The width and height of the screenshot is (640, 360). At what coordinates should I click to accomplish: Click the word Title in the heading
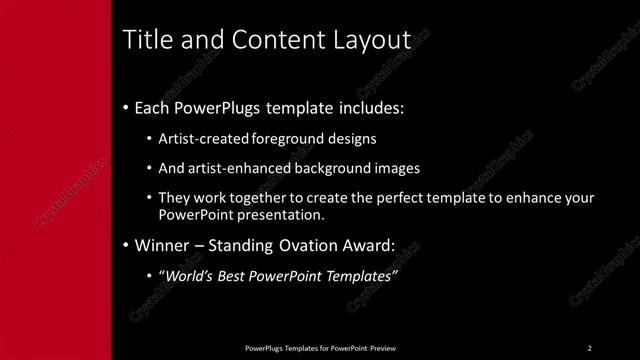tap(143, 40)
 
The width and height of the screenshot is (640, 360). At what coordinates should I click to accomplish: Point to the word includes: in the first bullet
tap(369, 107)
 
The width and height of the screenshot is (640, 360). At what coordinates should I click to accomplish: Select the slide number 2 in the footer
tap(590, 347)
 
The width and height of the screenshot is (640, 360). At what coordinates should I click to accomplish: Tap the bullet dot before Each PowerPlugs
tap(125, 108)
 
